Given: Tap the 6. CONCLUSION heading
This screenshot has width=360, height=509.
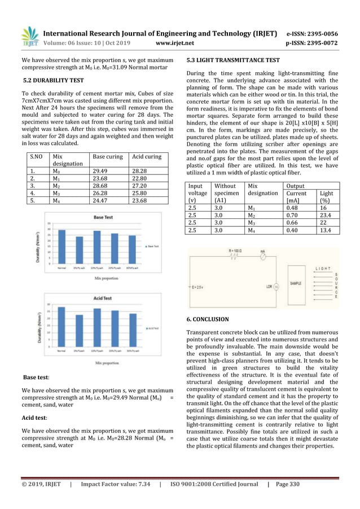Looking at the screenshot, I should click(x=208, y=319).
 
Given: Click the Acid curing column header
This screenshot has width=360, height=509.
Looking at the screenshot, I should click(x=145, y=156).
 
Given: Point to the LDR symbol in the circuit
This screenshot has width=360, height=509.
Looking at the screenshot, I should click(x=276, y=287).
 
